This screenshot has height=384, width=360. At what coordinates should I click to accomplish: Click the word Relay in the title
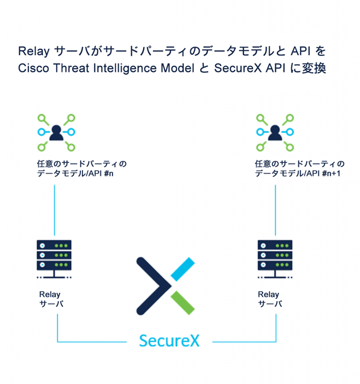[33, 51]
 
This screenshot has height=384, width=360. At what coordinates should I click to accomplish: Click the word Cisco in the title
[33, 68]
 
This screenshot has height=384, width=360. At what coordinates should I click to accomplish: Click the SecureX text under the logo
[169, 340]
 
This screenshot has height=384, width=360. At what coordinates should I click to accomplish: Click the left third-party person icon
[56, 133]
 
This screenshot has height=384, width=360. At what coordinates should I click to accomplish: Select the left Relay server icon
[54, 257]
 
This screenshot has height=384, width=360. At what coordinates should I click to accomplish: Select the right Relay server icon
[274, 257]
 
